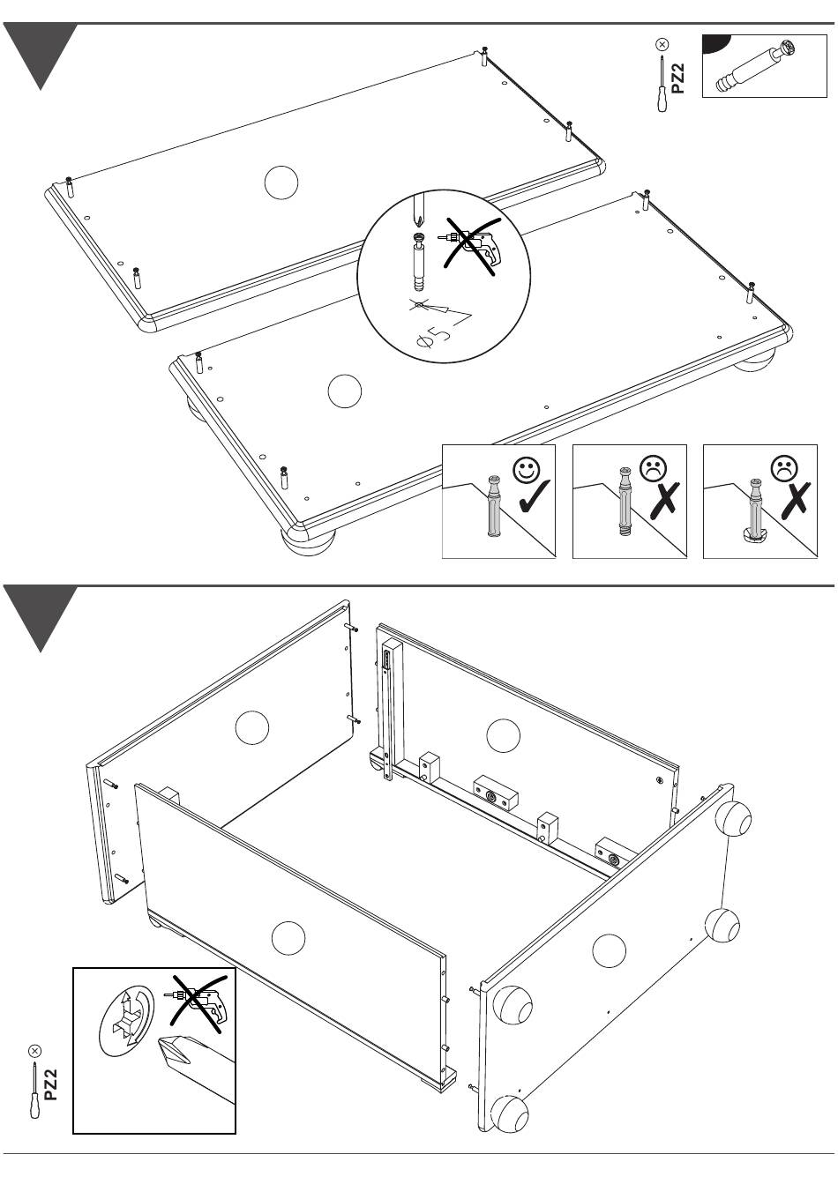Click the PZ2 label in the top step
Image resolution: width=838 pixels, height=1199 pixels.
tap(677, 78)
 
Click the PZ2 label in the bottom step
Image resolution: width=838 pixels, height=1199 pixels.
tap(50, 1084)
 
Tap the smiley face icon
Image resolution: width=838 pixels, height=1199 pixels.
tap(527, 469)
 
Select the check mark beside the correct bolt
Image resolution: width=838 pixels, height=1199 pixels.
tap(534, 496)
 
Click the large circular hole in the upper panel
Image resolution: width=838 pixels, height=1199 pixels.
tap(281, 182)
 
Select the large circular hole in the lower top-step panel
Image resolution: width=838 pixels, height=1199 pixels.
tap(344, 391)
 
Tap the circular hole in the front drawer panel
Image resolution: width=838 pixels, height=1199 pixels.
tap(288, 938)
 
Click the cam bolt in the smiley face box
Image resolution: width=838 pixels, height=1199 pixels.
tap(494, 505)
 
